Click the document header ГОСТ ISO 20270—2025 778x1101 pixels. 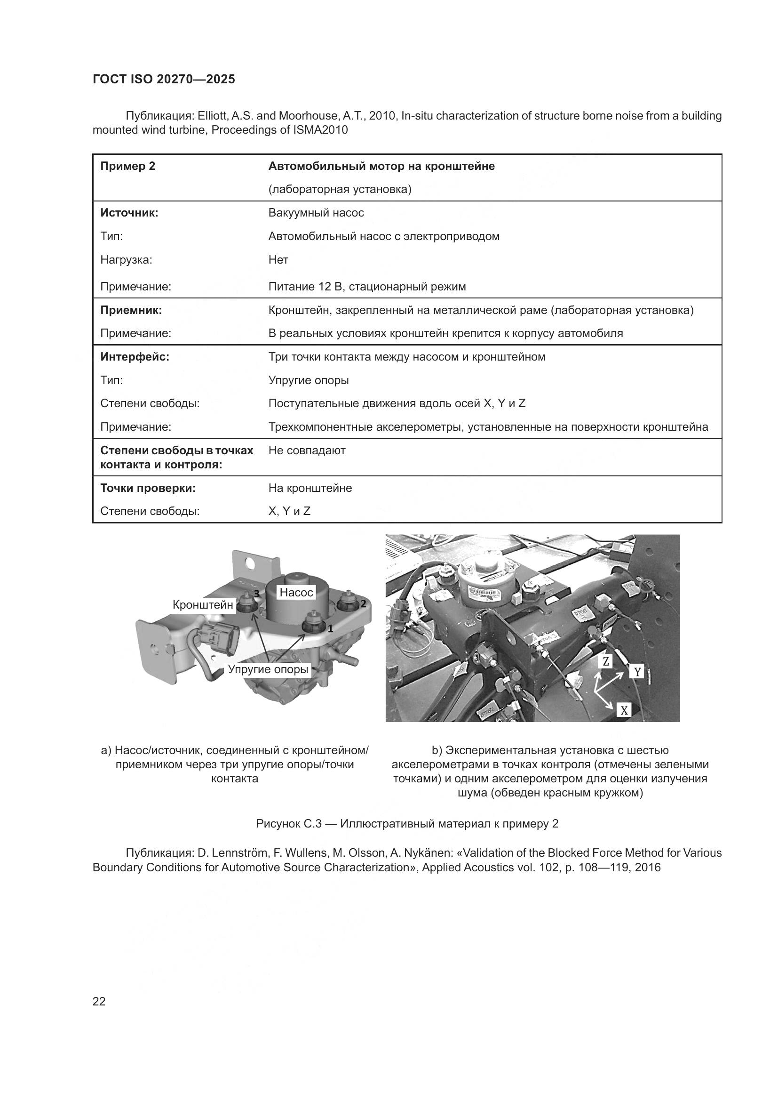click(163, 79)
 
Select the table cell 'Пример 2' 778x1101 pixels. click(127, 166)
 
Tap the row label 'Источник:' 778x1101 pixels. click(129, 213)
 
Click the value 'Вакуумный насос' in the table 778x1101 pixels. click(316, 213)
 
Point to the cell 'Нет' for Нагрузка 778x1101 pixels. click(278, 260)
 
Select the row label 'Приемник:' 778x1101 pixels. click(131, 310)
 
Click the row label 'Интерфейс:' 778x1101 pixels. click(135, 357)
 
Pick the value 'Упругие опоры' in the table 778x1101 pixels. click(308, 380)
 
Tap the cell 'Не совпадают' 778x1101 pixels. click(307, 450)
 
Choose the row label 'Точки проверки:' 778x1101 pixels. click(148, 488)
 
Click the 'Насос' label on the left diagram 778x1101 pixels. click(296, 592)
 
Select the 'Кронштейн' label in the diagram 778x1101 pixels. click(203, 605)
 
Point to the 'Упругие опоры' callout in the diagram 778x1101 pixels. click(268, 669)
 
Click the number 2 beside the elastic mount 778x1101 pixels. click(363, 604)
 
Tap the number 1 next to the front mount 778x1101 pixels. click(330, 628)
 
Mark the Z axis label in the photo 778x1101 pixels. click(605, 661)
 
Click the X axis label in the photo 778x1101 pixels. click(624, 710)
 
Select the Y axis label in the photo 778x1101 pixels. click(637, 672)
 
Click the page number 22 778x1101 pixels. click(99, 1001)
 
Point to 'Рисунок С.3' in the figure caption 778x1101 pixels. click(288, 824)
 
